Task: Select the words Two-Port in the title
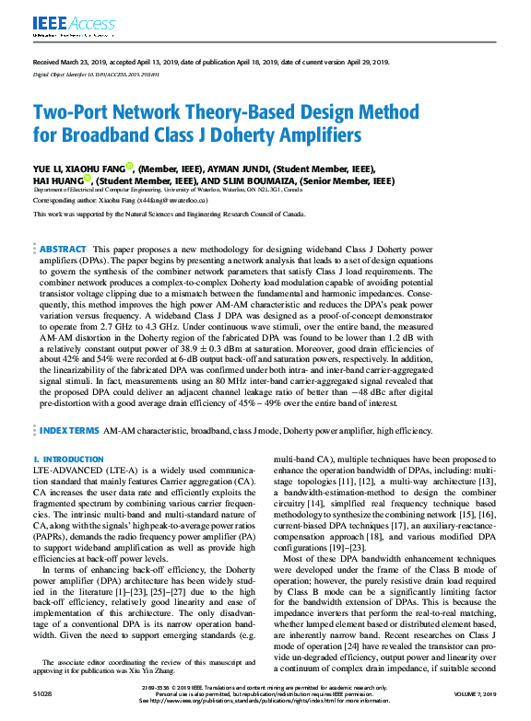[73, 112]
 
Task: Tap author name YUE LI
[47, 169]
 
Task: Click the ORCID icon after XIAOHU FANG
[129, 167]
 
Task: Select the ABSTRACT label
[64, 250]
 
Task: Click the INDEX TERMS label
[68, 430]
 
